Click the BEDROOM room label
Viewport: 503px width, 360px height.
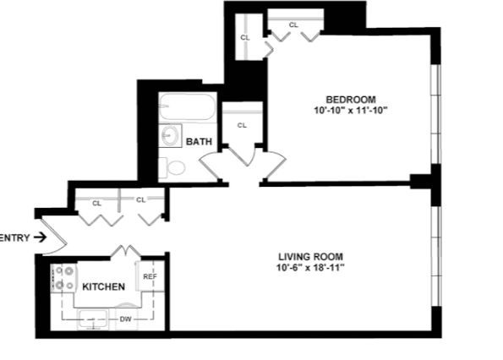pyautogui.click(x=351, y=100)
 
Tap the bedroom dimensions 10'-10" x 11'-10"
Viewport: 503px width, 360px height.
pyautogui.click(x=351, y=111)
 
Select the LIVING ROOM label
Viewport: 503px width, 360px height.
pyautogui.click(x=310, y=257)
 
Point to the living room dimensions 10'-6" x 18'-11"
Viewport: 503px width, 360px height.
pyautogui.click(x=310, y=268)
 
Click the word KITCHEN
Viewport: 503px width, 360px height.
pyautogui.click(x=104, y=286)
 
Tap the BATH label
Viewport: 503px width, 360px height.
pyautogui.click(x=199, y=141)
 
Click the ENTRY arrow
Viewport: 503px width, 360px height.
pyautogui.click(x=41, y=237)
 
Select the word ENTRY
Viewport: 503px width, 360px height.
pyautogui.click(x=14, y=237)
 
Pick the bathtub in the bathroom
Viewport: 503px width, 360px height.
pyautogui.click(x=187, y=106)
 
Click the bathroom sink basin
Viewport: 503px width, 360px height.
pyautogui.click(x=170, y=135)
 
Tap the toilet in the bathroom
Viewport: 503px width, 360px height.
pyautogui.click(x=172, y=167)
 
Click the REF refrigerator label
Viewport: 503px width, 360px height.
pyautogui.click(x=150, y=276)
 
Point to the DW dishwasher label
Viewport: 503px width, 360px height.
pyautogui.click(x=125, y=319)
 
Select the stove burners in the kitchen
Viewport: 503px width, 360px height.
pyautogui.click(x=64, y=278)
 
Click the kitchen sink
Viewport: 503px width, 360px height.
pyautogui.click(x=93, y=319)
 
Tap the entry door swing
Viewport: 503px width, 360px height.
pyautogui.click(x=55, y=237)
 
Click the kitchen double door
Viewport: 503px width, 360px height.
pyautogui.click(x=125, y=251)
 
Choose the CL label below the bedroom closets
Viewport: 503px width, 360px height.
pyautogui.click(x=242, y=125)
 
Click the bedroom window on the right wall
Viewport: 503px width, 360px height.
pyautogui.click(x=436, y=114)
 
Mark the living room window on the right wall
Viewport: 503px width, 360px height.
pyautogui.click(x=436, y=255)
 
